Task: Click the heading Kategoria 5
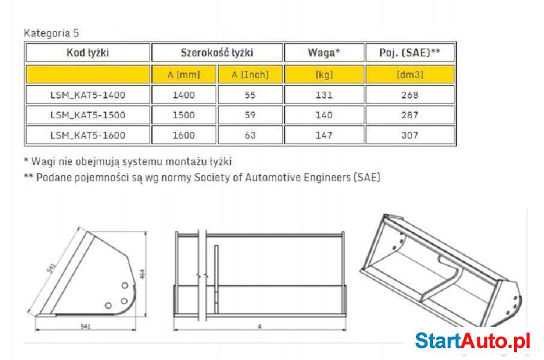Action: coord(52,33)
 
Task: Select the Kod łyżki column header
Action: coord(88,53)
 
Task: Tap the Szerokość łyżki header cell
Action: coord(217,53)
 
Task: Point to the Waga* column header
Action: coord(324,53)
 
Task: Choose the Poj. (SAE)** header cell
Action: coord(410,53)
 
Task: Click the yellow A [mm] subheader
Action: coord(184,74)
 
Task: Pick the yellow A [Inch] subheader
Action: coord(250,74)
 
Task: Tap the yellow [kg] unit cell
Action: coord(324,74)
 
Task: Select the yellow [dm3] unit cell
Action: coord(410,74)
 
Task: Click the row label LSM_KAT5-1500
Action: coord(88,115)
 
